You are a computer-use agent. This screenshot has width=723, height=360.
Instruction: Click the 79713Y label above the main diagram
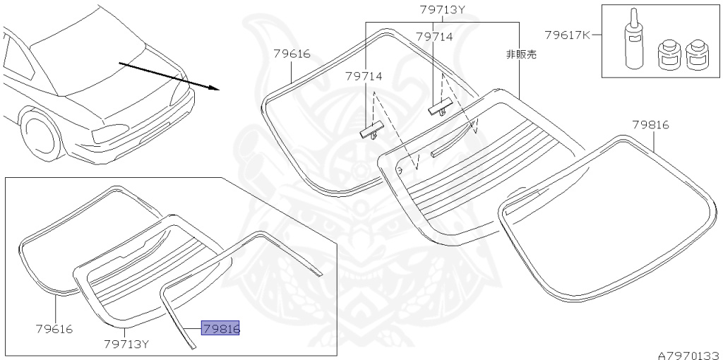pos(443,10)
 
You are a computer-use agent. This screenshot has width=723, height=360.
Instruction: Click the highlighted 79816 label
pos(220,328)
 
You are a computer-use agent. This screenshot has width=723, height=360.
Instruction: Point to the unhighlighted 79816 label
pos(650,125)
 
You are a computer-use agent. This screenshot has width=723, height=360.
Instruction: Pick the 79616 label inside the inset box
pos(54,329)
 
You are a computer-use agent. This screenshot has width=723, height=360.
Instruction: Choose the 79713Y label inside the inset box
pos(126,344)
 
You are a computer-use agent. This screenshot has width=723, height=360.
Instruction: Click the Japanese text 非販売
pos(521,54)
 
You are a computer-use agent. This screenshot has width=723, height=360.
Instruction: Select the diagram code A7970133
pos(688,354)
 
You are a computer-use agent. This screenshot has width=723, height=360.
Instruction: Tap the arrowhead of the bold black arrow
pos(214,89)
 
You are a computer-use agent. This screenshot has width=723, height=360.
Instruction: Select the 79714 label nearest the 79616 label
pos(363,76)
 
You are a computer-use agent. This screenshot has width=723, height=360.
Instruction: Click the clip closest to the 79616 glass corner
pos(370,131)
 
